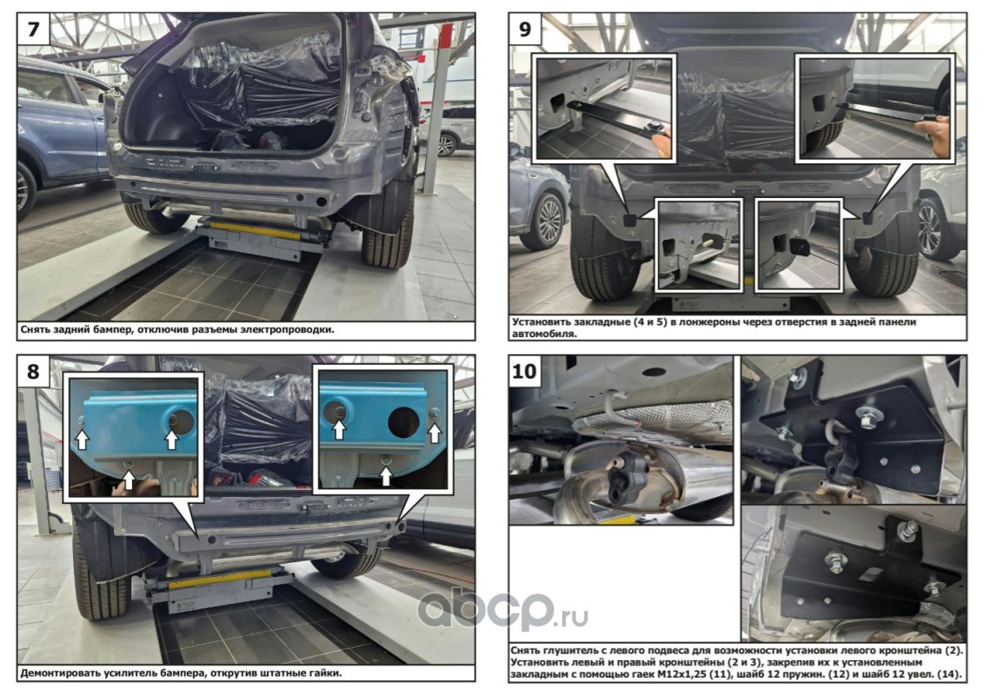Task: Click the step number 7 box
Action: coord(33,29)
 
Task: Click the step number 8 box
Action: coord(33,371)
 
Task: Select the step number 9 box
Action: coord(525,29)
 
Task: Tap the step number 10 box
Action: coord(525,371)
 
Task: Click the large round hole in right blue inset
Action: coord(403,422)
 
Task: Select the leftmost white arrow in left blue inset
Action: coord(83,438)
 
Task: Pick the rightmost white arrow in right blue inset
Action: coord(435,431)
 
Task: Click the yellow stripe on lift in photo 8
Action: coord(221,578)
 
